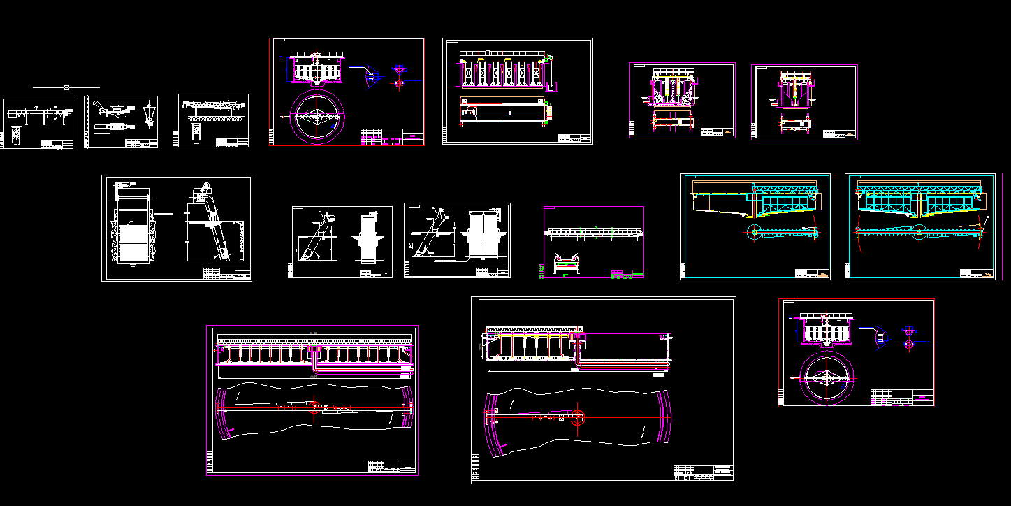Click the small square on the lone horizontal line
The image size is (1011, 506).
(66, 87)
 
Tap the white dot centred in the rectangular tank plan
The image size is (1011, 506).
(510, 113)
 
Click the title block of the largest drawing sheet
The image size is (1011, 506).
(704, 473)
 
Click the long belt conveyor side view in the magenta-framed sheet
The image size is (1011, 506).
(592, 232)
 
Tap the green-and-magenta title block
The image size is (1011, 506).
(627, 274)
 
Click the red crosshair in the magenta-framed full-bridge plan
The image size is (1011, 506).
(315, 407)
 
